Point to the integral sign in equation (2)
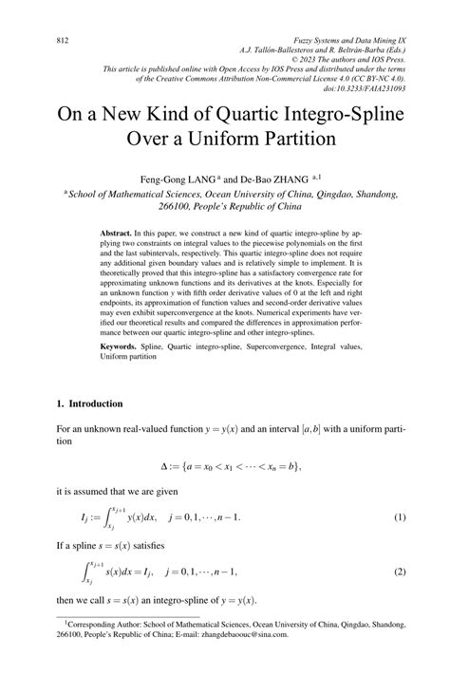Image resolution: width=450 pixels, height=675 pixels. coord(83,572)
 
